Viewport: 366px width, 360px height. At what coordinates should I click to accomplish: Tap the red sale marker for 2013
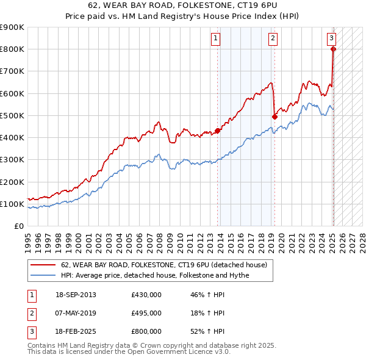[x=218, y=131]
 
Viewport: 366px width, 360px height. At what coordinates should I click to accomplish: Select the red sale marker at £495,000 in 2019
[x=275, y=117]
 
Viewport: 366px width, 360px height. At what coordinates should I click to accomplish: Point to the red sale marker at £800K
[x=334, y=49]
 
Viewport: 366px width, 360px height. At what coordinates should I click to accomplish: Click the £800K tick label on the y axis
[x=12, y=49]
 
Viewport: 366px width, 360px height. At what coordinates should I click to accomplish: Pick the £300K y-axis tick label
[x=12, y=159]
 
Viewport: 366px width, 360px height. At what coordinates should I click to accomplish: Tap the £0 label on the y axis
[x=18, y=226]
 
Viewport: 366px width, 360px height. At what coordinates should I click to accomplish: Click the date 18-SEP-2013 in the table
[x=76, y=295]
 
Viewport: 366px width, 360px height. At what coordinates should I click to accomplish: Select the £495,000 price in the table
[x=146, y=313]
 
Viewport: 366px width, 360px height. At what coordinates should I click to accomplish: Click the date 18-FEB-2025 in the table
[x=76, y=331]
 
